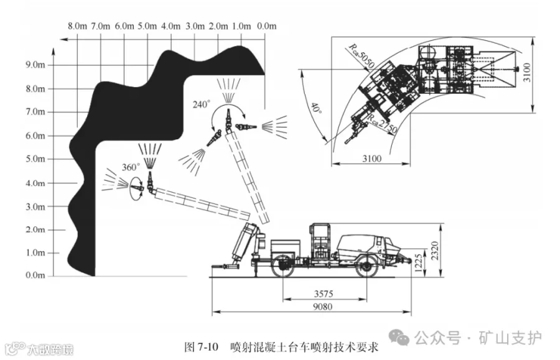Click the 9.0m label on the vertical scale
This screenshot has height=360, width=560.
click(35, 65)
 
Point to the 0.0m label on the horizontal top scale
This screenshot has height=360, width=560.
click(266, 26)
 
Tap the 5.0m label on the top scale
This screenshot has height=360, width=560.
click(147, 26)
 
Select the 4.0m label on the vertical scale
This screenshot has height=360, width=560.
click(35, 183)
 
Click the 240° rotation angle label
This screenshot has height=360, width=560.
click(202, 104)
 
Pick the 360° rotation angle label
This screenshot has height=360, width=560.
click(131, 167)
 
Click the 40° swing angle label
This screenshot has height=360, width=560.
click(316, 108)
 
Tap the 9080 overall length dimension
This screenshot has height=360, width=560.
click(322, 307)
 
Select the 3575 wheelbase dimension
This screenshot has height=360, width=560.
click(324, 293)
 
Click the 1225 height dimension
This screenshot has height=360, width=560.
click(419, 262)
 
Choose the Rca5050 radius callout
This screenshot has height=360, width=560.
click(361, 56)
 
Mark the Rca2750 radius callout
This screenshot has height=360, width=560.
click(382, 124)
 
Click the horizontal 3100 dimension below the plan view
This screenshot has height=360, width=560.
click(372, 158)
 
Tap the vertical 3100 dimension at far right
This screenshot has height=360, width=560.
click(527, 72)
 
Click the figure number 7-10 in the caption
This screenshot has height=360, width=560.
click(207, 346)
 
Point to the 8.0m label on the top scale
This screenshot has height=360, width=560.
click(78, 26)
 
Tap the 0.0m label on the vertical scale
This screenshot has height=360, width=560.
click(35, 275)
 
